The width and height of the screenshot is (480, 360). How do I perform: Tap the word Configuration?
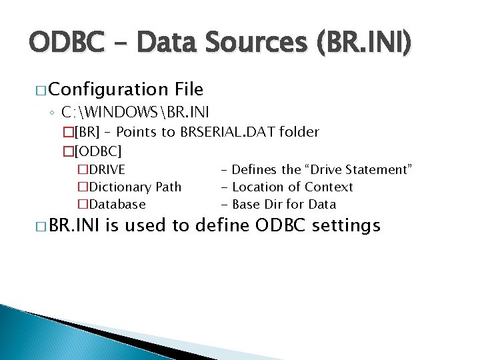click(x=108, y=89)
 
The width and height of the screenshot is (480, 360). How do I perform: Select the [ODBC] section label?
click(x=98, y=151)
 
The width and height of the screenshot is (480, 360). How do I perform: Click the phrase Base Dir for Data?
click(x=293, y=204)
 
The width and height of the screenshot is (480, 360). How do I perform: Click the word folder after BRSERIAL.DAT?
click(x=301, y=132)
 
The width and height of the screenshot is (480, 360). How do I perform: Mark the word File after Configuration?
click(x=189, y=89)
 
